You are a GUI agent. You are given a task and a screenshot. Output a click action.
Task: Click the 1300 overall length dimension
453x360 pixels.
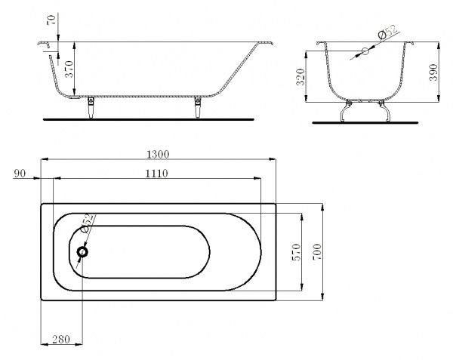pyautogui.click(x=158, y=153)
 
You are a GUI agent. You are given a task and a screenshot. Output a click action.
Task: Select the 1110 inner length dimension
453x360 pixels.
pyautogui.click(x=155, y=174)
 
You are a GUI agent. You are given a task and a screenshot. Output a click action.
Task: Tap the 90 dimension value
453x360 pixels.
pyautogui.click(x=20, y=174)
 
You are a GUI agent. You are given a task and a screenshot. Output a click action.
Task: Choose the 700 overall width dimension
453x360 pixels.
pyautogui.click(x=317, y=251)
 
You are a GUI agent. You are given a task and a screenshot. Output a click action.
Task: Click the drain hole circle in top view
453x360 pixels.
pyautogui.click(x=82, y=252)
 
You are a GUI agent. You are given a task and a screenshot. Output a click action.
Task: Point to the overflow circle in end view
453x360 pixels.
pyautogui.click(x=365, y=51)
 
